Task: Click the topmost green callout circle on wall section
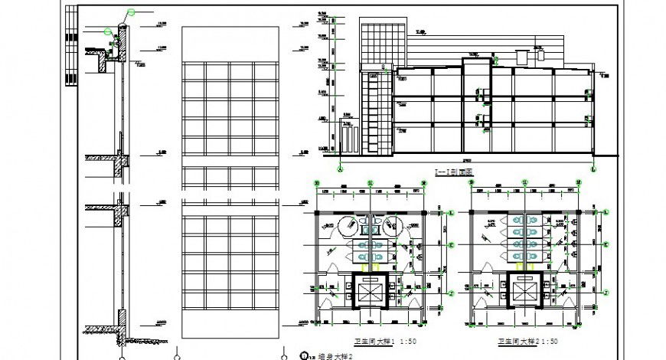tap(131, 12)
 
